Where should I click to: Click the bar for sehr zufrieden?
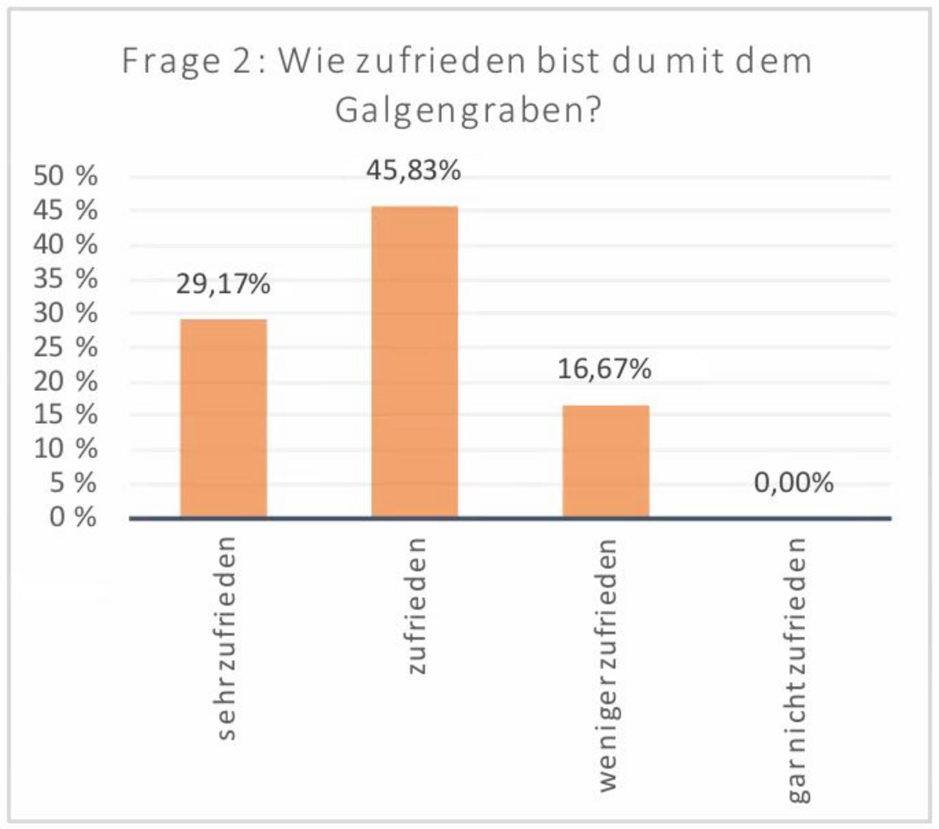[x=223, y=418]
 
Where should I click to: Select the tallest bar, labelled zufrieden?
[x=415, y=361]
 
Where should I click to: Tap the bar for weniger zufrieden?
[x=606, y=461]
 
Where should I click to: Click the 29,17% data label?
[x=223, y=284]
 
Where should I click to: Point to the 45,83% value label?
[x=413, y=170]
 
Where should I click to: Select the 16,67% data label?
[x=605, y=369]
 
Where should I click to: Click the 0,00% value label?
[x=794, y=482]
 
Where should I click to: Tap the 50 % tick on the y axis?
[x=66, y=175]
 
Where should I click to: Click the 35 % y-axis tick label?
[x=66, y=278]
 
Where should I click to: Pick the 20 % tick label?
[x=66, y=381]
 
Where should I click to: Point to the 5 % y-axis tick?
[x=73, y=483]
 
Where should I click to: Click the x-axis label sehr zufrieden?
[x=226, y=639]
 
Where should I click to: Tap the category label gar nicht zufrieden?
[x=797, y=670]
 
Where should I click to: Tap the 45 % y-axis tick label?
[x=66, y=210]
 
